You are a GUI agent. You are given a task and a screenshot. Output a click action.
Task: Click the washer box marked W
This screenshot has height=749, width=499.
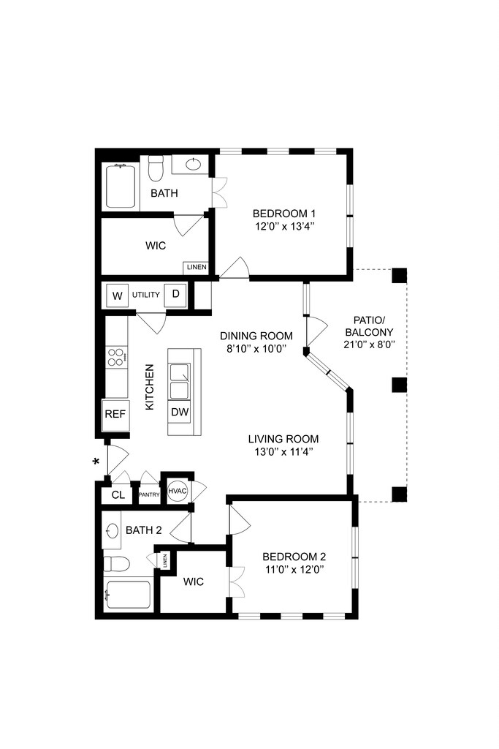117,296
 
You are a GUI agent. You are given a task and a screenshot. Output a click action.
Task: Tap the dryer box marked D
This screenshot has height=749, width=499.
175,295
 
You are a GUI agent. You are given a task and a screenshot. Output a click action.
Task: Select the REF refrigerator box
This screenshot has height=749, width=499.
115,414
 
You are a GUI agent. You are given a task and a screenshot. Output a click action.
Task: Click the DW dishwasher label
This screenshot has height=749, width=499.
180,413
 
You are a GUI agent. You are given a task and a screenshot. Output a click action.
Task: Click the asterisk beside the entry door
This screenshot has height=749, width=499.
95,462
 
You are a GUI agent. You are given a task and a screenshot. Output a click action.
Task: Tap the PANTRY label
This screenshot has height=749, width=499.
150,495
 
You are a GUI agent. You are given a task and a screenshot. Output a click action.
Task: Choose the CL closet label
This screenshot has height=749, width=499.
118,495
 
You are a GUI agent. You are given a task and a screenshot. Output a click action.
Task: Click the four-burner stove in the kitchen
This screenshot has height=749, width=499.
116,357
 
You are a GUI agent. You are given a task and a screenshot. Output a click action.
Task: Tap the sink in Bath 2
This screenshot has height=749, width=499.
112,531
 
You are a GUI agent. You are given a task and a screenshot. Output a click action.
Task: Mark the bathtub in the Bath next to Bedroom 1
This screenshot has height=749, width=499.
120,187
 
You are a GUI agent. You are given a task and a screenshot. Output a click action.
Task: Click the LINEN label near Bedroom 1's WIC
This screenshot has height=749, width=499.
197,268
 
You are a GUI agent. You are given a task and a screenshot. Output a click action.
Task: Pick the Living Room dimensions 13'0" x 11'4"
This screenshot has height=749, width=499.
283,451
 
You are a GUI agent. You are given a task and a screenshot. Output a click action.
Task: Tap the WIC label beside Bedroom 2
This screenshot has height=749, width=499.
194,581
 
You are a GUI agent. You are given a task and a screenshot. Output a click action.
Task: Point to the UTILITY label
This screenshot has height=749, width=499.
146,295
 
